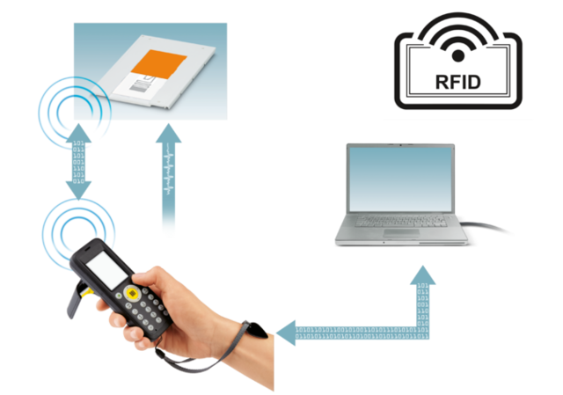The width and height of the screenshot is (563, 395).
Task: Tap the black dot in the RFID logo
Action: pos(457,55)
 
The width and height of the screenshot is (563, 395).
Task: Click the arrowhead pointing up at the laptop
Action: pos(421,275)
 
